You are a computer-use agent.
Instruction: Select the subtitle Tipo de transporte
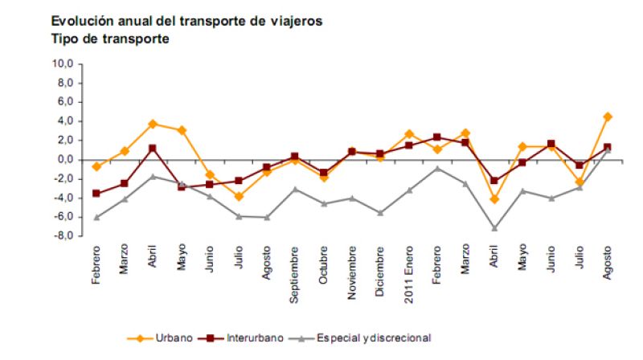pyautogui.click(x=109, y=39)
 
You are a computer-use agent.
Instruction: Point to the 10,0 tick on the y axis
pyautogui.click(x=63, y=63)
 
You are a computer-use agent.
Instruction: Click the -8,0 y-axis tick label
pyautogui.click(x=63, y=236)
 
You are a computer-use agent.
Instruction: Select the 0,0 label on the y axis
pyautogui.click(x=64, y=160)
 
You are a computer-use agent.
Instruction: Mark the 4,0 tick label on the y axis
pyautogui.click(x=64, y=121)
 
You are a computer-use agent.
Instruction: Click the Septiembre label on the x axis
pyautogui.click(x=295, y=277)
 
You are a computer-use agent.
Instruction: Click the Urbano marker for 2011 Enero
pyautogui.click(x=408, y=134)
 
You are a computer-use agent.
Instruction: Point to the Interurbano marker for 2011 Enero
pyautogui.click(x=408, y=145)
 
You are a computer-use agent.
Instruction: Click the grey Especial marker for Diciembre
pyautogui.click(x=380, y=213)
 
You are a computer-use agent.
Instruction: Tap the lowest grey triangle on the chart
pyautogui.click(x=494, y=228)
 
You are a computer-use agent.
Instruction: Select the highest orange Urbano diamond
pyautogui.click(x=607, y=117)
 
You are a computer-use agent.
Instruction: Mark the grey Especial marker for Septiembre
pyautogui.click(x=295, y=189)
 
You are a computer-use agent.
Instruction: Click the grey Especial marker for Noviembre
pyautogui.click(x=352, y=198)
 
